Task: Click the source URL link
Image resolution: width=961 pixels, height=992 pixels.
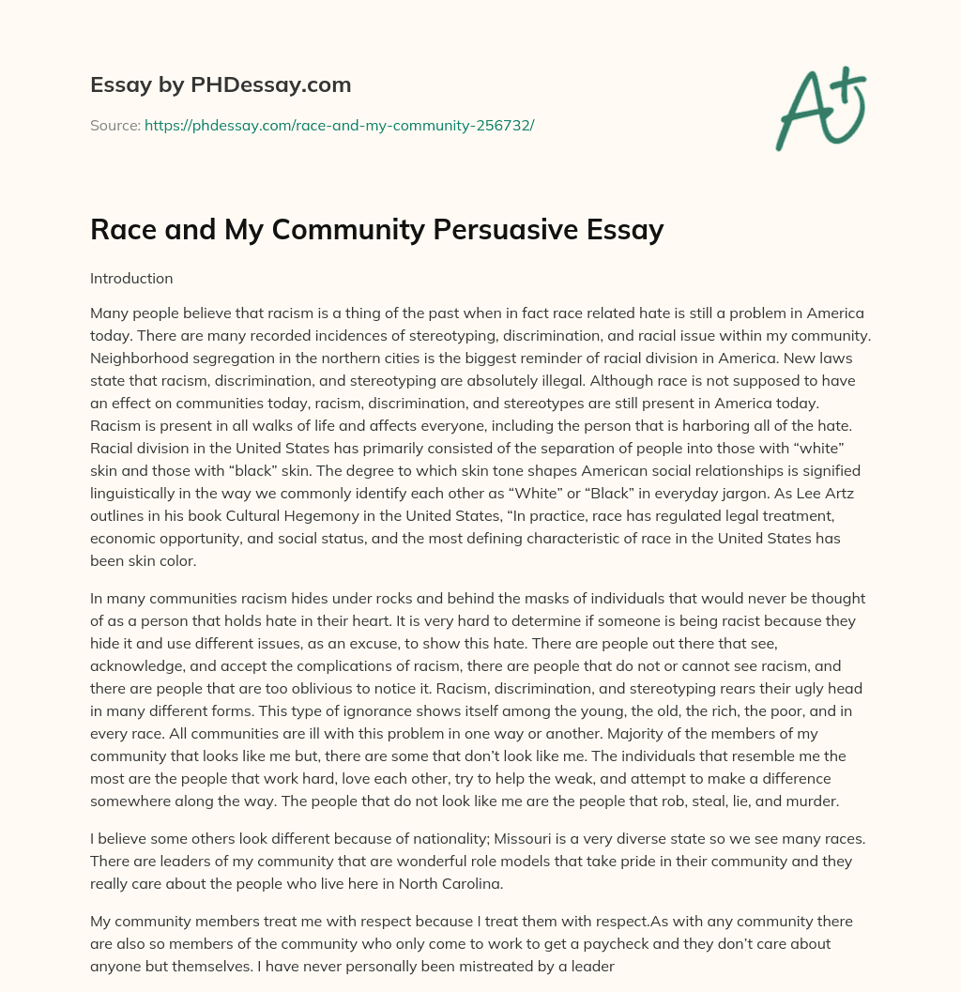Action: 339,124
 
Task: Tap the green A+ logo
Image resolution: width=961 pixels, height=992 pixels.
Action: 820,108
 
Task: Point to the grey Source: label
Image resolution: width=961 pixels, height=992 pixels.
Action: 115,124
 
